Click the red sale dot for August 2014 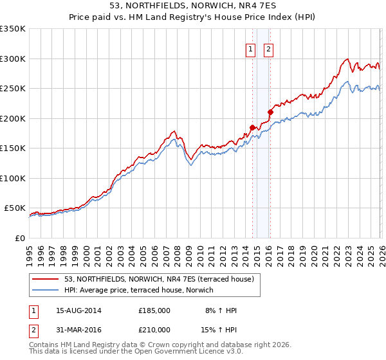tap(252, 127)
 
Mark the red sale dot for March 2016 tap(270, 113)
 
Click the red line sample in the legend tap(46, 279)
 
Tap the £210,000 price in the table tap(154, 330)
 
